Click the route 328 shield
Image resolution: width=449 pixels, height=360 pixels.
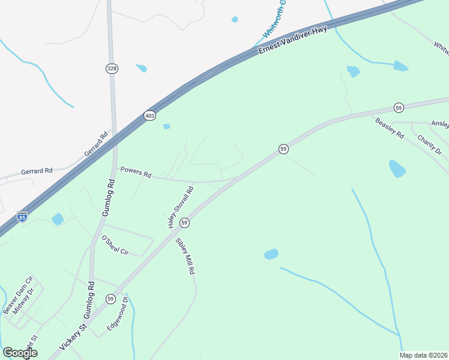tap(112, 69)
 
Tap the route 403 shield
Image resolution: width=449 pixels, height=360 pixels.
tap(149, 115)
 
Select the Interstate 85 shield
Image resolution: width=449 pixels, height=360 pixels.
tap(22, 215)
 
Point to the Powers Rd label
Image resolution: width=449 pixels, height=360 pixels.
tap(136, 172)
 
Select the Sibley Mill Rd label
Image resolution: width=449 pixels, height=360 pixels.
tap(185, 256)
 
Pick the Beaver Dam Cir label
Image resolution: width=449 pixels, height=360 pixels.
tap(16, 294)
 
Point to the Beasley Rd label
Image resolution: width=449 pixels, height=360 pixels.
tap(390, 127)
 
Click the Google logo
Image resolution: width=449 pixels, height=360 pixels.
tap(20, 352)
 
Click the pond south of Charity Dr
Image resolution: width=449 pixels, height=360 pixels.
tap(397, 169)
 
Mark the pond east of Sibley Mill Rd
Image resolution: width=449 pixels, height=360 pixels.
tap(271, 254)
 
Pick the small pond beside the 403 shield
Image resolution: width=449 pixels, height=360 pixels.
tap(166, 126)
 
